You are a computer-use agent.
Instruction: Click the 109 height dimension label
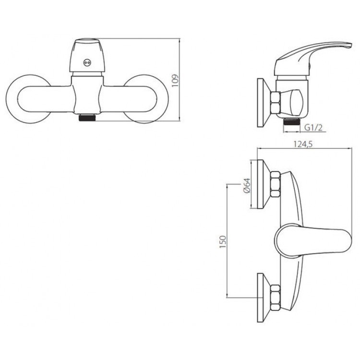(175, 80)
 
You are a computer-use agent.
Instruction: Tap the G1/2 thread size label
(313, 127)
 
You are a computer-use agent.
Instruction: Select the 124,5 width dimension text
(303, 144)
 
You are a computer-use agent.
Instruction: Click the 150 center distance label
(223, 241)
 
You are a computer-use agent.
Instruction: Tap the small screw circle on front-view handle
(86, 62)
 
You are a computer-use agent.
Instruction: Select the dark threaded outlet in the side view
(292, 121)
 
